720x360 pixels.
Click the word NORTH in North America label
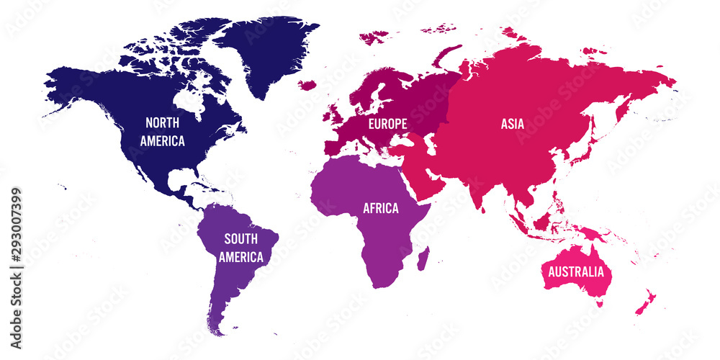(x=162, y=122)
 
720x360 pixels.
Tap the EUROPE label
(x=387, y=124)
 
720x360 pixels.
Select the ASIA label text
(x=513, y=124)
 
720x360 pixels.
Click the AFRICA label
(x=381, y=209)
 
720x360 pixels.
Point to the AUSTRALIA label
(x=576, y=272)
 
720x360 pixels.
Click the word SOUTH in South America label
(x=241, y=239)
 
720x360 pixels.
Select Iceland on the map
(x=307, y=84)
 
